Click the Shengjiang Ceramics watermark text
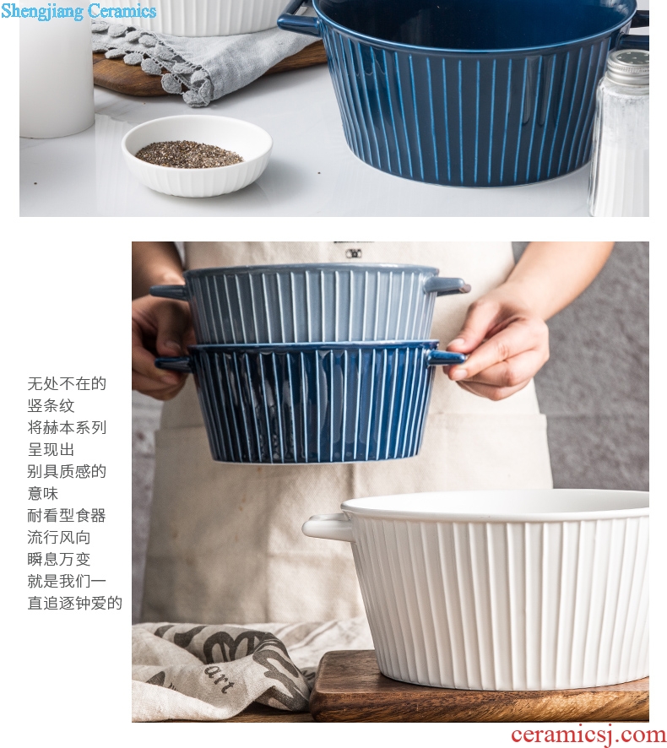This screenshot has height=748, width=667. [x=79, y=11]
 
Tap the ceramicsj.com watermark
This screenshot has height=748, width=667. [x=588, y=735]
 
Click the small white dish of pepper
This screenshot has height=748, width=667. [x=197, y=155]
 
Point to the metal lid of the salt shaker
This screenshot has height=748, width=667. [x=628, y=67]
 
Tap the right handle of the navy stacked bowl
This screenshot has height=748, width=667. [x=446, y=357]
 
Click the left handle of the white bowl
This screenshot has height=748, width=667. [x=328, y=526]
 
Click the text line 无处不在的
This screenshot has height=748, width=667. [x=67, y=383]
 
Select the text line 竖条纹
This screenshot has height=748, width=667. [x=51, y=405]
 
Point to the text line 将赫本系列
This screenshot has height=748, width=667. [x=67, y=427]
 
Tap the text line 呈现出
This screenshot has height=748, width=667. [x=51, y=449]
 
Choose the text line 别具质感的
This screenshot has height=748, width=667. [x=67, y=471]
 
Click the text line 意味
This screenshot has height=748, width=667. [x=43, y=493]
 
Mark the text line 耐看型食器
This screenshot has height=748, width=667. [x=67, y=515]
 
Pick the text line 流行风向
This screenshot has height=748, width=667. [x=59, y=537]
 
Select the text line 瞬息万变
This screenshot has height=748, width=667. [x=59, y=559]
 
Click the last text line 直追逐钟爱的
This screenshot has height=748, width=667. [x=75, y=603]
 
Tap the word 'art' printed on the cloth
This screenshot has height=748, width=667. [x=220, y=680]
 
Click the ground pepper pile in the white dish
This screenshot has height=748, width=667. [x=189, y=154]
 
